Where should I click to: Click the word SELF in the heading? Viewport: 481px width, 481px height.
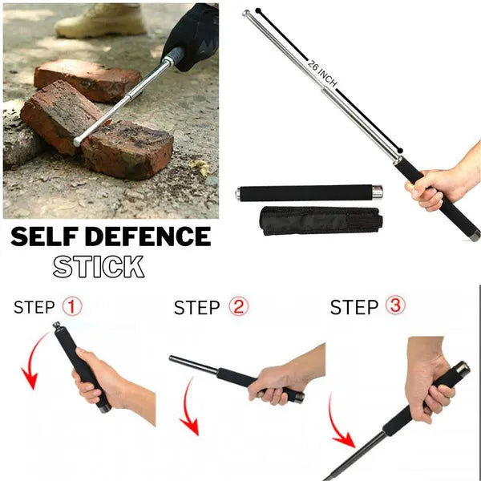tap(46, 237)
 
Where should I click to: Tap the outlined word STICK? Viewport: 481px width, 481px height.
tap(99, 266)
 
